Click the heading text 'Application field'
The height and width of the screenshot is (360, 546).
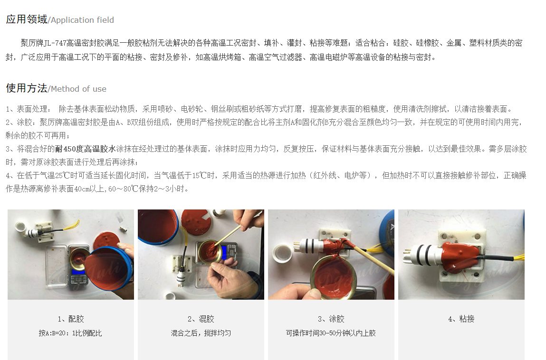click(x=83, y=20)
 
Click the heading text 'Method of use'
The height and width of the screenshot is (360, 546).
click(x=79, y=89)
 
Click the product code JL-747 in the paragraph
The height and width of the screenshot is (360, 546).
click(x=55, y=43)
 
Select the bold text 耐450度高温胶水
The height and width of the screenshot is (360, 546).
click(x=86, y=149)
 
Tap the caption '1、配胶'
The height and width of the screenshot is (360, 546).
click(x=71, y=319)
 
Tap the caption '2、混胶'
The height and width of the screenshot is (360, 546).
click(x=201, y=319)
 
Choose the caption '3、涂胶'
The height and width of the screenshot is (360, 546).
click(x=331, y=319)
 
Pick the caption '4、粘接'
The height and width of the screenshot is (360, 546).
click(x=461, y=319)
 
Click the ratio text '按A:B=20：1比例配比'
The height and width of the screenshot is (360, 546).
click(x=70, y=333)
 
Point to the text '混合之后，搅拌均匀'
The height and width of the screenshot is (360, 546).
click(x=201, y=333)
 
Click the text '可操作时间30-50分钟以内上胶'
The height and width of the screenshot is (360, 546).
click(x=331, y=333)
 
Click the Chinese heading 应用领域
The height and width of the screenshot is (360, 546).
click(x=27, y=19)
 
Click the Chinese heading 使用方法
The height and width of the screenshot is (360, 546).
click(x=27, y=88)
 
